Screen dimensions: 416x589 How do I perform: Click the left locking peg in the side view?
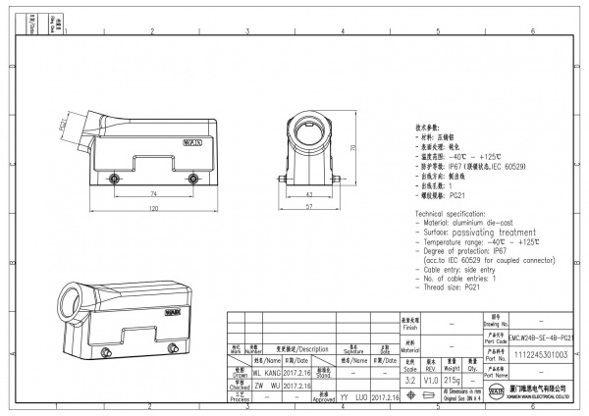point(115,179)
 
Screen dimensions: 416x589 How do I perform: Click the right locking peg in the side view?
point(191,179)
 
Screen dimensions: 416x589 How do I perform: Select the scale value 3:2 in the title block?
point(409,377)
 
